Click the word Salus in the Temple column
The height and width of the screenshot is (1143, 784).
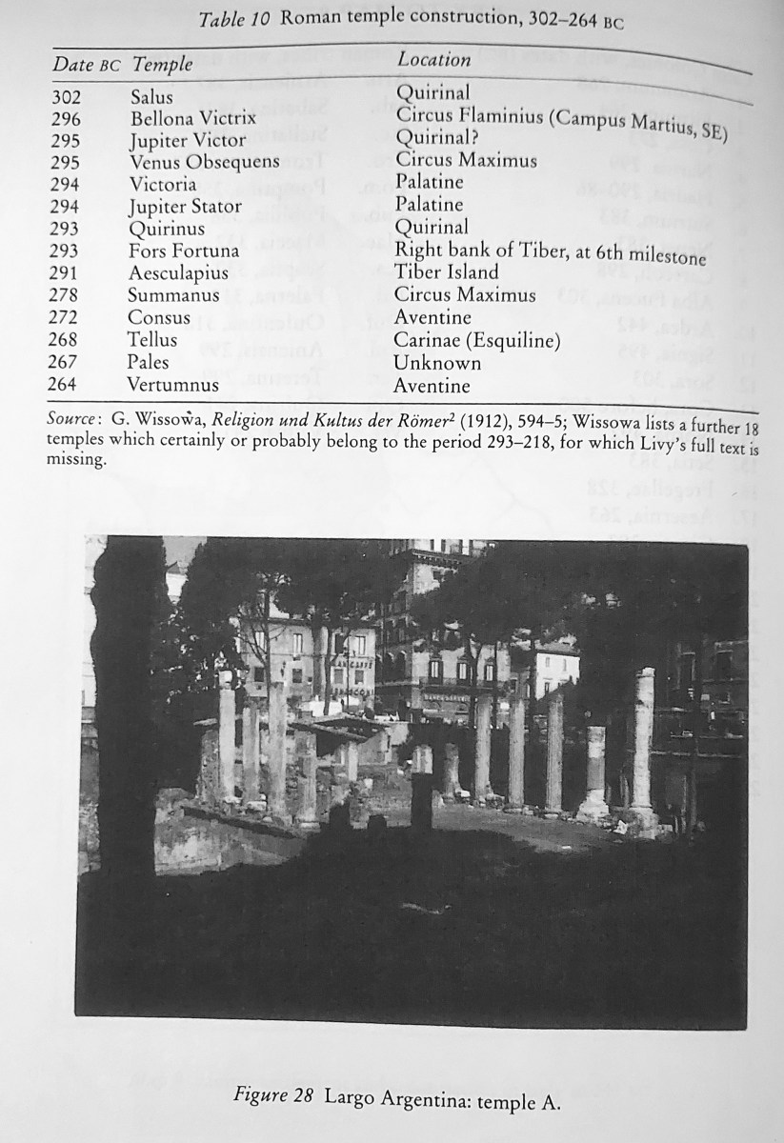[x=151, y=97]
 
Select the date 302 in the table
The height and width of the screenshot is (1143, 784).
[x=66, y=97]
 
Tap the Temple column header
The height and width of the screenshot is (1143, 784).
[x=162, y=65]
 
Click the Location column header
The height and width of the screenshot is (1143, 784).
[x=434, y=59]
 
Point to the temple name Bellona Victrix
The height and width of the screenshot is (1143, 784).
[x=193, y=119]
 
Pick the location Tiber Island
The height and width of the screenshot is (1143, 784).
[x=447, y=272]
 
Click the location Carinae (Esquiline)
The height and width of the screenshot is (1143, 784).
[x=477, y=341]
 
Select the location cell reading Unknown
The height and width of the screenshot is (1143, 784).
[x=437, y=363]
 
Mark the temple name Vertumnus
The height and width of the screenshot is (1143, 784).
[x=173, y=385]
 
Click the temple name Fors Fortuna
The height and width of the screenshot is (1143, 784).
[x=184, y=251]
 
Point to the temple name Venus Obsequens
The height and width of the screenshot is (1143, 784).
[x=205, y=162]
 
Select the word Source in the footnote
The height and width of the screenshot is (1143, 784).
[x=73, y=420]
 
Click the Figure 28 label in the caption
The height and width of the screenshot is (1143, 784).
[x=274, y=1095]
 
